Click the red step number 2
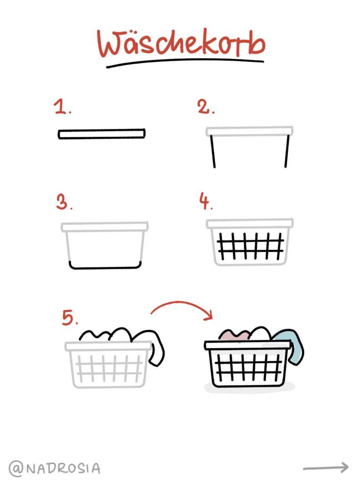point(206,107)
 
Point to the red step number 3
point(64,202)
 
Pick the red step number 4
point(206,201)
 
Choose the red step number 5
point(70,317)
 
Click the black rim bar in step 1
point(102,133)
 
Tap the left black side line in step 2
point(213,151)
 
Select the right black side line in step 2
point(287,151)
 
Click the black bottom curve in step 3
point(105,267)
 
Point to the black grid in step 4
point(250,245)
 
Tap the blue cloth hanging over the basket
point(295,345)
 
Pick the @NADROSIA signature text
point(55,468)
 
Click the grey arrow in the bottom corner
point(326,467)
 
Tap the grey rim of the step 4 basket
point(250,223)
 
